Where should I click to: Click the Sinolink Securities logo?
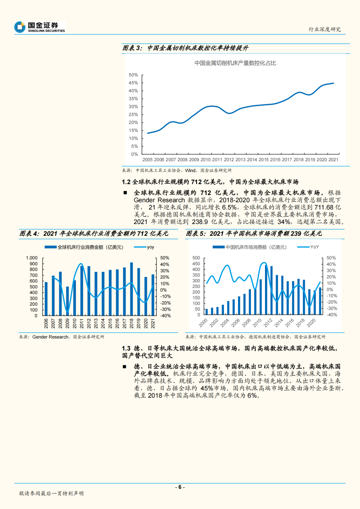(x=40, y=27)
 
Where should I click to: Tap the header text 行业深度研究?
(x=324, y=29)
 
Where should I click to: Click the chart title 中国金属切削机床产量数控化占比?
(x=235, y=63)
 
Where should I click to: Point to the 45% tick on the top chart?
(x=133, y=83)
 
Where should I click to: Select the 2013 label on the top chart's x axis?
(x=240, y=160)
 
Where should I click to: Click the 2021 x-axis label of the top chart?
(x=333, y=160)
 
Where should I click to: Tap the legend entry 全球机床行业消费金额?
(x=84, y=247)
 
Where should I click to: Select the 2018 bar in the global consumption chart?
(x=131, y=289)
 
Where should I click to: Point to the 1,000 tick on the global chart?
(x=32, y=258)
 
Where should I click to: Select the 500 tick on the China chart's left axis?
(x=196, y=258)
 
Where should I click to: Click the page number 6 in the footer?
(x=180, y=487)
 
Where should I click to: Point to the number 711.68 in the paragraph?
(x=324, y=207)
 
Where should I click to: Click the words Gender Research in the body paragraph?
(x=159, y=200)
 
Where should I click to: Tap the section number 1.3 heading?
(x=126, y=348)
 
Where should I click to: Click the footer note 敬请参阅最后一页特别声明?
(x=51, y=493)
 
